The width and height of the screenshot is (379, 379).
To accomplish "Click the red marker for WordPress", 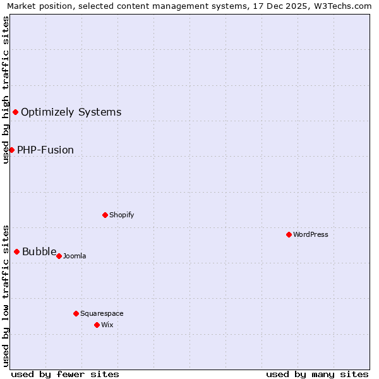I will [289, 234].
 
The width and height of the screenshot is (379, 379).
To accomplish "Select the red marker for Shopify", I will [105, 215].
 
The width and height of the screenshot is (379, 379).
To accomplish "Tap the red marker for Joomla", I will [59, 256].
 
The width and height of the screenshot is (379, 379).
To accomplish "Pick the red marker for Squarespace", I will [76, 313].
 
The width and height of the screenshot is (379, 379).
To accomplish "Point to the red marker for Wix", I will [97, 325].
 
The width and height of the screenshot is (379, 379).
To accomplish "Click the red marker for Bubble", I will [16, 251].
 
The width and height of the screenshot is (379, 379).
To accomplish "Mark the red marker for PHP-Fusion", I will [11, 150].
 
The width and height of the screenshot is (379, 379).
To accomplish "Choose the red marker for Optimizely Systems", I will [15, 112].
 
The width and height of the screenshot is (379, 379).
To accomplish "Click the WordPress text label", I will [311, 234].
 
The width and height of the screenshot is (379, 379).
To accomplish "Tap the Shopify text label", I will [122, 215].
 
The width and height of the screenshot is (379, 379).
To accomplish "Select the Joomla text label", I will [75, 256].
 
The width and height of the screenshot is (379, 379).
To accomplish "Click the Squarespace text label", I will [102, 313].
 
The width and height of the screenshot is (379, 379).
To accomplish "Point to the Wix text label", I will [107, 325].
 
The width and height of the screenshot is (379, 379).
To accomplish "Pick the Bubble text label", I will [39, 251].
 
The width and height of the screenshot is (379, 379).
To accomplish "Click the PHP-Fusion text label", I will [45, 150].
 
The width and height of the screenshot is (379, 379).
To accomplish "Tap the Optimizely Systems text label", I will [71, 112].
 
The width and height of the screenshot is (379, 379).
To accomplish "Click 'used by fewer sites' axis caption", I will [65, 374].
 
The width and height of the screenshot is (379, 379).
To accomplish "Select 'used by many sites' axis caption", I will [317, 374].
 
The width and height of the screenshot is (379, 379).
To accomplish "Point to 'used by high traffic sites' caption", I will [6, 90].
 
